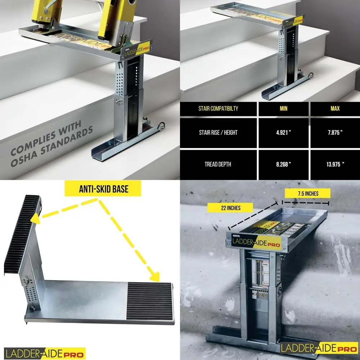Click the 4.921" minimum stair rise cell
pyautogui.click(x=283, y=132)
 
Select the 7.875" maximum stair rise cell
pyautogui.click(x=335, y=132)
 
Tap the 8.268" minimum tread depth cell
pyautogui.click(x=283, y=164)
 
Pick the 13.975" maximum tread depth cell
pyautogui.click(x=335, y=164)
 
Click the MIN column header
pyautogui.click(x=283, y=108)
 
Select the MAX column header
pyautogui.click(x=335, y=108)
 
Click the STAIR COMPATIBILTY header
pyautogui.click(x=218, y=108)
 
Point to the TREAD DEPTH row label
pyautogui.click(x=218, y=164)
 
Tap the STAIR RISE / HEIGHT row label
pyautogui.click(x=218, y=132)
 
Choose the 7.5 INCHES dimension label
pyautogui.click(x=308, y=193)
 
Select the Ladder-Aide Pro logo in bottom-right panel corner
pyautogui.click(x=319, y=348)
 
